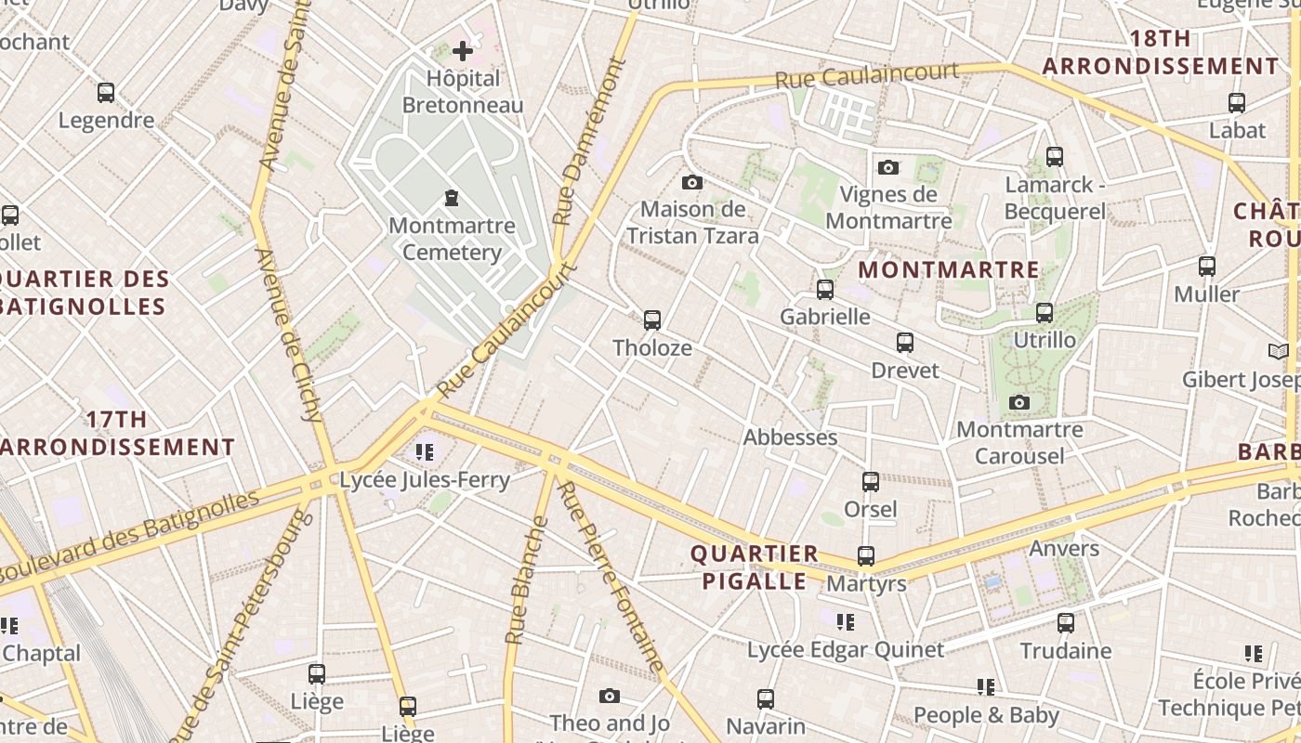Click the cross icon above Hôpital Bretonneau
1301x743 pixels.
tap(462, 51)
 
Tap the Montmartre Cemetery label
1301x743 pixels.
tap(452, 239)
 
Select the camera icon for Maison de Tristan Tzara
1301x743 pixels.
tap(691, 182)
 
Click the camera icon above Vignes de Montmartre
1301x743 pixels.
tap(888, 167)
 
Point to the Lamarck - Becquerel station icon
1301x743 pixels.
tap(1054, 157)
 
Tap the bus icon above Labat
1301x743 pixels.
tap(1237, 103)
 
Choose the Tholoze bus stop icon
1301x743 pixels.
tap(652, 320)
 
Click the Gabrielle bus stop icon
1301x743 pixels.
tap(824, 290)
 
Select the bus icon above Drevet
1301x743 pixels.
tap(904, 343)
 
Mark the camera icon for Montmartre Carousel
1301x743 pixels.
tap(1019, 402)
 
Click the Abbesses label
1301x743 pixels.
tap(790, 437)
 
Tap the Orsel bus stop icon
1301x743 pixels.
tap(870, 482)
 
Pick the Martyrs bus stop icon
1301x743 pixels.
tap(865, 556)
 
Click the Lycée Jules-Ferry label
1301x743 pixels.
tap(425, 480)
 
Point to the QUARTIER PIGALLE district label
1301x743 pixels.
tap(755, 567)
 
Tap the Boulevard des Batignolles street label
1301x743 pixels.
tap(130, 537)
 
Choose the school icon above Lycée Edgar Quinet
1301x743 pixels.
tap(845, 622)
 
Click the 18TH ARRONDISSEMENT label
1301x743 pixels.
tap(1160, 53)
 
